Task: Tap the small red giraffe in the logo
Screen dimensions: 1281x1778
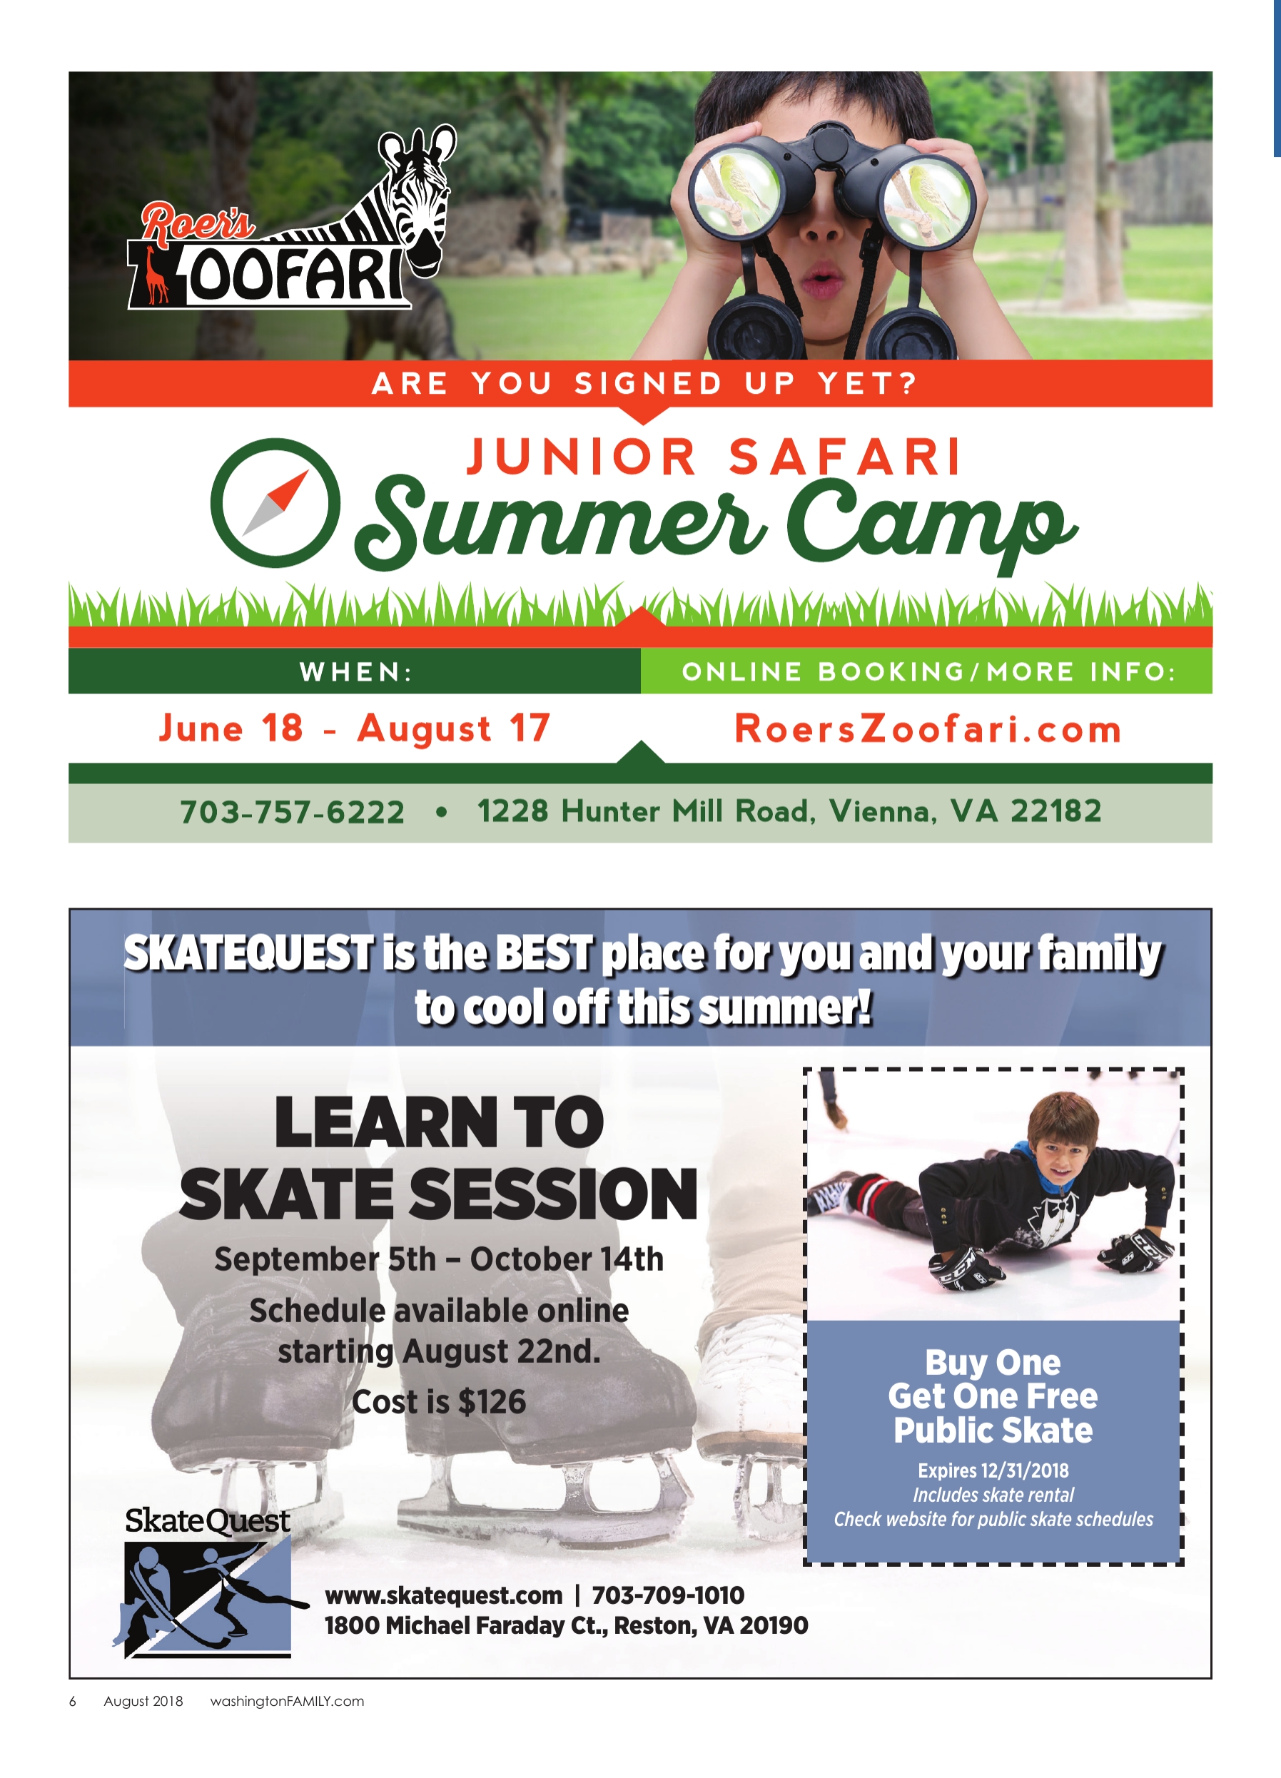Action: pyautogui.click(x=156, y=275)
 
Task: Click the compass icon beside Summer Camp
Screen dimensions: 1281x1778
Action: pyautogui.click(x=276, y=502)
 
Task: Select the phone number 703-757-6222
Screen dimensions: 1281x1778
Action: pyautogui.click(x=293, y=811)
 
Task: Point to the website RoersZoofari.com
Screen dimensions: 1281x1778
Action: pyautogui.click(x=928, y=729)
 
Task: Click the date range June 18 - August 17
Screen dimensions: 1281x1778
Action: pyautogui.click(x=355, y=728)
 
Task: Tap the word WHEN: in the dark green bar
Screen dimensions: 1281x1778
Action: pyautogui.click(x=356, y=672)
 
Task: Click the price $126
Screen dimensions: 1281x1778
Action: pyautogui.click(x=492, y=1403)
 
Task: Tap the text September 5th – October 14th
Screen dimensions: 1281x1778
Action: pyautogui.click(x=439, y=1260)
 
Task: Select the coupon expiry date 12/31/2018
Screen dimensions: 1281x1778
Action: pyautogui.click(x=1026, y=1470)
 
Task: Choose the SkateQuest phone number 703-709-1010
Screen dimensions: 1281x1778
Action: pyautogui.click(x=668, y=1595)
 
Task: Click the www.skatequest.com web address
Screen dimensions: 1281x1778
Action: pyautogui.click(x=444, y=1595)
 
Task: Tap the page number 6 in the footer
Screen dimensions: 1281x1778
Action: pyautogui.click(x=73, y=1701)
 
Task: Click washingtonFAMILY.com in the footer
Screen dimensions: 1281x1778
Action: pyautogui.click(x=287, y=1701)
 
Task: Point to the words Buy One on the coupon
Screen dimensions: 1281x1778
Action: pyautogui.click(x=993, y=1363)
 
